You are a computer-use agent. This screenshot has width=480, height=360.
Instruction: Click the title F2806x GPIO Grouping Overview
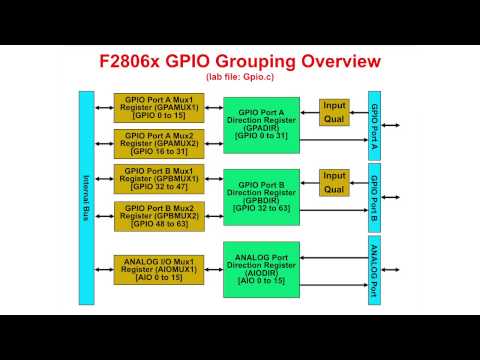pos(240,61)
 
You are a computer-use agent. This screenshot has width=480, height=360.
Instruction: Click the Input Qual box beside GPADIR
pos(334,111)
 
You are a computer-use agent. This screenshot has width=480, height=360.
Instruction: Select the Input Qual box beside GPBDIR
pos(334,182)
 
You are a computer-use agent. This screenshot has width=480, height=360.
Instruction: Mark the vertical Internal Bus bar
pos(86,197)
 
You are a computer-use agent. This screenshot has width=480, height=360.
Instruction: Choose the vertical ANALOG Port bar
pos(374,270)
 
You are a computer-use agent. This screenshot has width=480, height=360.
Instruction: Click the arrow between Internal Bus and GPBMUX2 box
pos(104,217)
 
